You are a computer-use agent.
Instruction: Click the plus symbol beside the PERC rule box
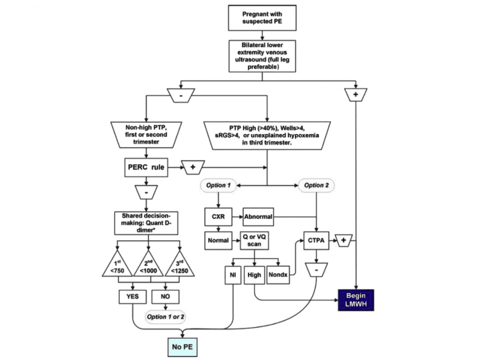tap(193, 168)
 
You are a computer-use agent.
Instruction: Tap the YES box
tap(132, 297)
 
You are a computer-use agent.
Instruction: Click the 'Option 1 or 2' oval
tap(165, 317)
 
